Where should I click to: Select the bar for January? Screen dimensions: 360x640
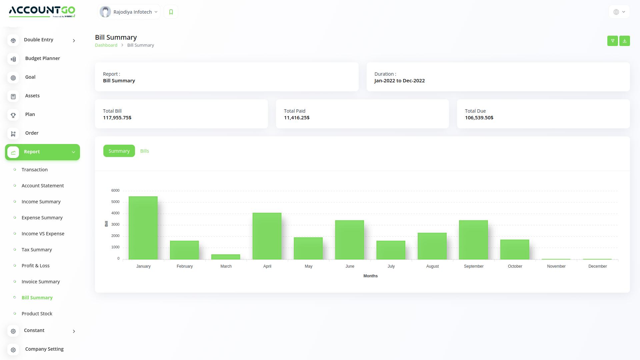(x=143, y=228)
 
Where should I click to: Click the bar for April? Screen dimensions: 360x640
(x=267, y=236)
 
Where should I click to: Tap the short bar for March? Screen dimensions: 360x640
(x=226, y=257)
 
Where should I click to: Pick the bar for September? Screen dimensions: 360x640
(x=473, y=240)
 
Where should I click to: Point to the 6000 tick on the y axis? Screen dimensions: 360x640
(x=115, y=191)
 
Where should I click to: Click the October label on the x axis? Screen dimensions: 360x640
(x=515, y=266)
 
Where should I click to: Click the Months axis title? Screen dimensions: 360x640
(x=370, y=276)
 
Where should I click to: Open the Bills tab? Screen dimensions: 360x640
(x=145, y=151)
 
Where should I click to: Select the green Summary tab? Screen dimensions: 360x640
(x=119, y=151)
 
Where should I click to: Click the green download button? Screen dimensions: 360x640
(x=625, y=41)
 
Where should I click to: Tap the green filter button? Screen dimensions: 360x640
(x=613, y=41)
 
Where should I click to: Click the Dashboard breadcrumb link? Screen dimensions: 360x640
(x=106, y=45)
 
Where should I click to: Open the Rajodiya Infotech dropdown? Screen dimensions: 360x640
(x=129, y=12)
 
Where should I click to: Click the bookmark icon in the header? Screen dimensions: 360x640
(x=171, y=12)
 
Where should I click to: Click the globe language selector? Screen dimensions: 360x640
(x=619, y=12)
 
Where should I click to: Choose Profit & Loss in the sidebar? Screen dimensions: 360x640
(x=36, y=266)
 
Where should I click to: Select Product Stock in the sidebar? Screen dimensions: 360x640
(x=37, y=314)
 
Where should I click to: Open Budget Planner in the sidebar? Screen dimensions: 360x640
(x=43, y=58)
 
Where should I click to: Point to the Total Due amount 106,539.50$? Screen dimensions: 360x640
(x=479, y=118)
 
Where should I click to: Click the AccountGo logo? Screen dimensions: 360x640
(x=42, y=11)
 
